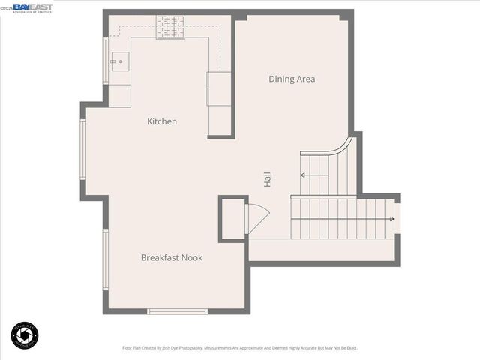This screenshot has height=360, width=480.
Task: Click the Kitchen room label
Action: tap(162, 121)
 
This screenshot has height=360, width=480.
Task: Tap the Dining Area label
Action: tap(292, 79)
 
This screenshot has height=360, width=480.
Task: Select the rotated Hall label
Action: tap(267, 179)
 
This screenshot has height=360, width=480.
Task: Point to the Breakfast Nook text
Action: tap(172, 257)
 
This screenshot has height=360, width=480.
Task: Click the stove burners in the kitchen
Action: tap(170, 27)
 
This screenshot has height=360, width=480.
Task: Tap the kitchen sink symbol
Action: tap(119, 62)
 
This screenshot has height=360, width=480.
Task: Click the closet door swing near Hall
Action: tap(258, 217)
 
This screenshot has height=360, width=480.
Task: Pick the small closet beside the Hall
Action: tap(232, 218)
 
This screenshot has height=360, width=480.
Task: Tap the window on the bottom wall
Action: tap(177, 310)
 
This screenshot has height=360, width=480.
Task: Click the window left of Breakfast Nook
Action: tap(106, 259)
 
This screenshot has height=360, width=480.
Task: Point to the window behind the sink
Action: tap(106, 61)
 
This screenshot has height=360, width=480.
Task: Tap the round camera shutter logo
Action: tap(25, 335)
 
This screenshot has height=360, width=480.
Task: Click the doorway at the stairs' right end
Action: tap(397, 220)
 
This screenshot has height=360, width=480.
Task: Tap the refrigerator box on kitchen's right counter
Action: tap(219, 88)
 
